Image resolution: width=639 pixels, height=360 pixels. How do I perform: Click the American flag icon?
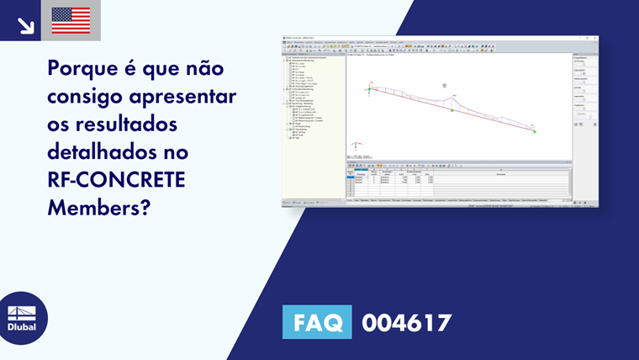71,20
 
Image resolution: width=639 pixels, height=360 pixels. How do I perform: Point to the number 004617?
407,323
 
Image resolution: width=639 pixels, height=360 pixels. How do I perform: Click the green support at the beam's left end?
368,89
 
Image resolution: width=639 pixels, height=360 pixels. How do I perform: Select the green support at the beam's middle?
452,110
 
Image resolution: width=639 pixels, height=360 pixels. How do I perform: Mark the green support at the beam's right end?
535,131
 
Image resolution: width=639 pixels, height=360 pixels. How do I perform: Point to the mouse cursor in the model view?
445,85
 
